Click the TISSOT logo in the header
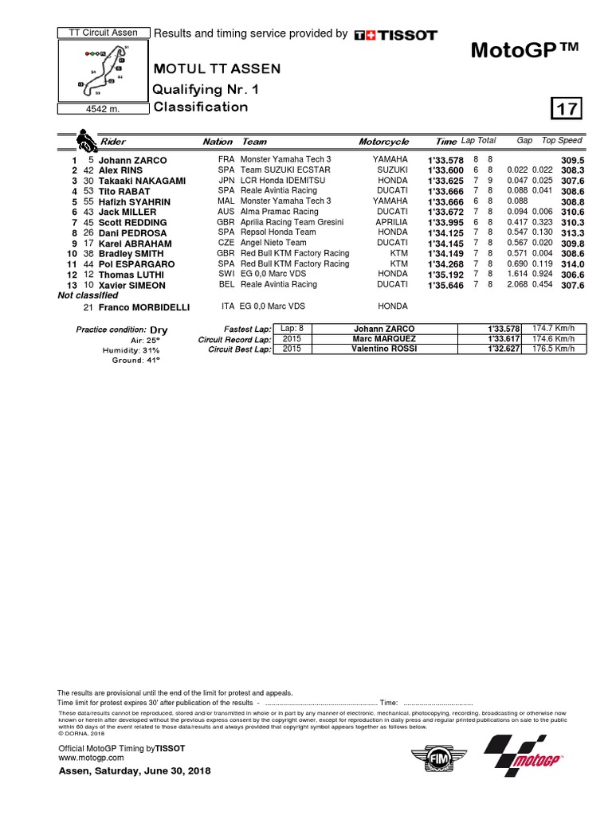point(395,34)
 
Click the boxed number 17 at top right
point(567,107)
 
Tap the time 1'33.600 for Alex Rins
point(445,170)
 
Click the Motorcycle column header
point(383,142)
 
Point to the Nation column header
point(218,142)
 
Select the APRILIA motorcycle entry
point(391,222)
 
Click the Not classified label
point(87,294)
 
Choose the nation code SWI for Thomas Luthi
point(226,274)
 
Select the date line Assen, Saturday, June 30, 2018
point(135,772)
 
